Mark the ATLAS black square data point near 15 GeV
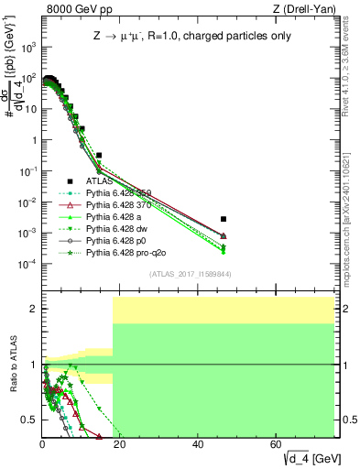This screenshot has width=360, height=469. (99, 156)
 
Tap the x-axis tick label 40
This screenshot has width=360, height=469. (198, 444)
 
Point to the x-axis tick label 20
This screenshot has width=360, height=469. (120, 444)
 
